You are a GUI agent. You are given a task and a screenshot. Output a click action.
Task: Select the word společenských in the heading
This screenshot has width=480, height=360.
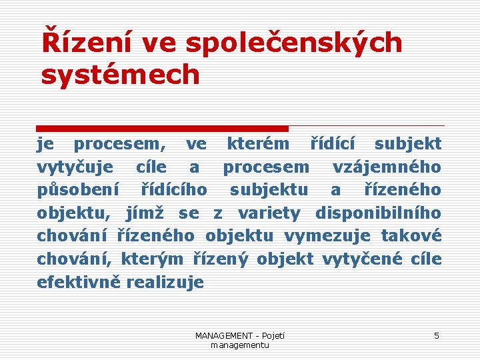(294, 43)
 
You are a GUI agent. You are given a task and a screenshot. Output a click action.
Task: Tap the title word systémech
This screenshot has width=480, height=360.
(121, 75)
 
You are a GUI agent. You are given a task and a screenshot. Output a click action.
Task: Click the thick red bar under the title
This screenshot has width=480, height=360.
(163, 128)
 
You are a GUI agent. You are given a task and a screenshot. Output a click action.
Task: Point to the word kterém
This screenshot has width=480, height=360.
(258, 143)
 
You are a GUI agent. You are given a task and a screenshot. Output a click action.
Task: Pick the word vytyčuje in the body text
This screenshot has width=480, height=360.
(75, 167)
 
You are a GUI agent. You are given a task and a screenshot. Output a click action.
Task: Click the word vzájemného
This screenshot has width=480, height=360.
(387, 167)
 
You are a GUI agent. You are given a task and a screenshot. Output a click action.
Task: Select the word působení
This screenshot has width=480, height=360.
(78, 190)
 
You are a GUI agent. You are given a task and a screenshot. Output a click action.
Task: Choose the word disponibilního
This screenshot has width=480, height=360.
(378, 213)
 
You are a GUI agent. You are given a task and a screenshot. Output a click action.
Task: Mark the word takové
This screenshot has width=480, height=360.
(411, 237)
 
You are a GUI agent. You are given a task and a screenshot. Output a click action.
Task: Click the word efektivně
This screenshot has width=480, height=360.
(78, 283)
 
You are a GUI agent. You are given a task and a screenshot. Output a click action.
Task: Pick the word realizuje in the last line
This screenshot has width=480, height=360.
(165, 283)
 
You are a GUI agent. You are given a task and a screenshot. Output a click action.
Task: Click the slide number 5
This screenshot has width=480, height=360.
(437, 336)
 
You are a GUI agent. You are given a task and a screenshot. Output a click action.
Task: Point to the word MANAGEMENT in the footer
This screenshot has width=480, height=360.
(224, 336)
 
